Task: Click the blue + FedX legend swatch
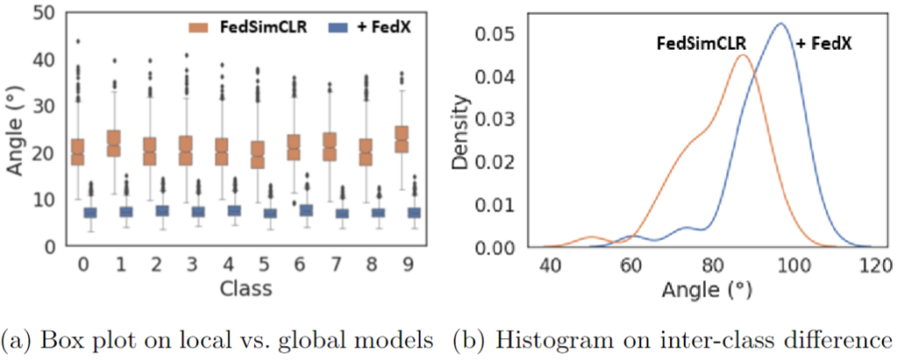point(317,29)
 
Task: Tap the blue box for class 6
point(306,210)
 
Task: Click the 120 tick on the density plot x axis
point(871,264)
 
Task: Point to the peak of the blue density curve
point(779,24)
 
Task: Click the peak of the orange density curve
point(742,56)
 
